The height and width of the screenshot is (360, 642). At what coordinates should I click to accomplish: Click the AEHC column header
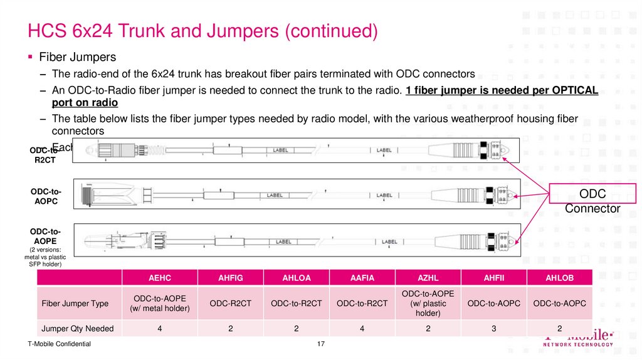tap(160, 278)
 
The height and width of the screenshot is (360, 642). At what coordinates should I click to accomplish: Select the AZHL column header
tap(428, 278)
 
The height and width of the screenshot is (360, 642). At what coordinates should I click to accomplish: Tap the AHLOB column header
tap(560, 278)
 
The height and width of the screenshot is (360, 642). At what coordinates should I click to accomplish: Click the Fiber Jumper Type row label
tap(75, 304)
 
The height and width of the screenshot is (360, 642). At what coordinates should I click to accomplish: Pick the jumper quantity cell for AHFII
tap(494, 328)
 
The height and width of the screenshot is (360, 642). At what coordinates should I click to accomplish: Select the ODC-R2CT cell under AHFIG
tap(231, 304)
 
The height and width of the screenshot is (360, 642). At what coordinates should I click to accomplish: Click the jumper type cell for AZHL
tap(428, 304)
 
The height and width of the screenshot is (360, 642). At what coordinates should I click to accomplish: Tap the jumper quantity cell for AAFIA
tap(362, 328)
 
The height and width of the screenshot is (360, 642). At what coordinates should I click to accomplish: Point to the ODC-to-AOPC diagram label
tap(46, 196)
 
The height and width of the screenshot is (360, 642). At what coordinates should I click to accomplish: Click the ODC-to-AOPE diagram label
tap(46, 236)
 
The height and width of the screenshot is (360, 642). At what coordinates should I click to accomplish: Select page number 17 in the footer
tap(320, 344)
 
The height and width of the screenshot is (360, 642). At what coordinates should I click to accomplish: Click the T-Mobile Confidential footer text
tap(60, 344)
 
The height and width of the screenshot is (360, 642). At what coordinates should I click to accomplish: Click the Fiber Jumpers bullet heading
tap(78, 57)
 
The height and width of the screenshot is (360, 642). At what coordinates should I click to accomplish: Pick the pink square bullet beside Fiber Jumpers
tap(30, 57)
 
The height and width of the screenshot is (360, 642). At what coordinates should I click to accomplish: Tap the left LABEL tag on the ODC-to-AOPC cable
tap(275, 195)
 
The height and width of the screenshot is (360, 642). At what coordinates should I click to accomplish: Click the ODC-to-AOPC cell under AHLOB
tap(560, 304)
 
